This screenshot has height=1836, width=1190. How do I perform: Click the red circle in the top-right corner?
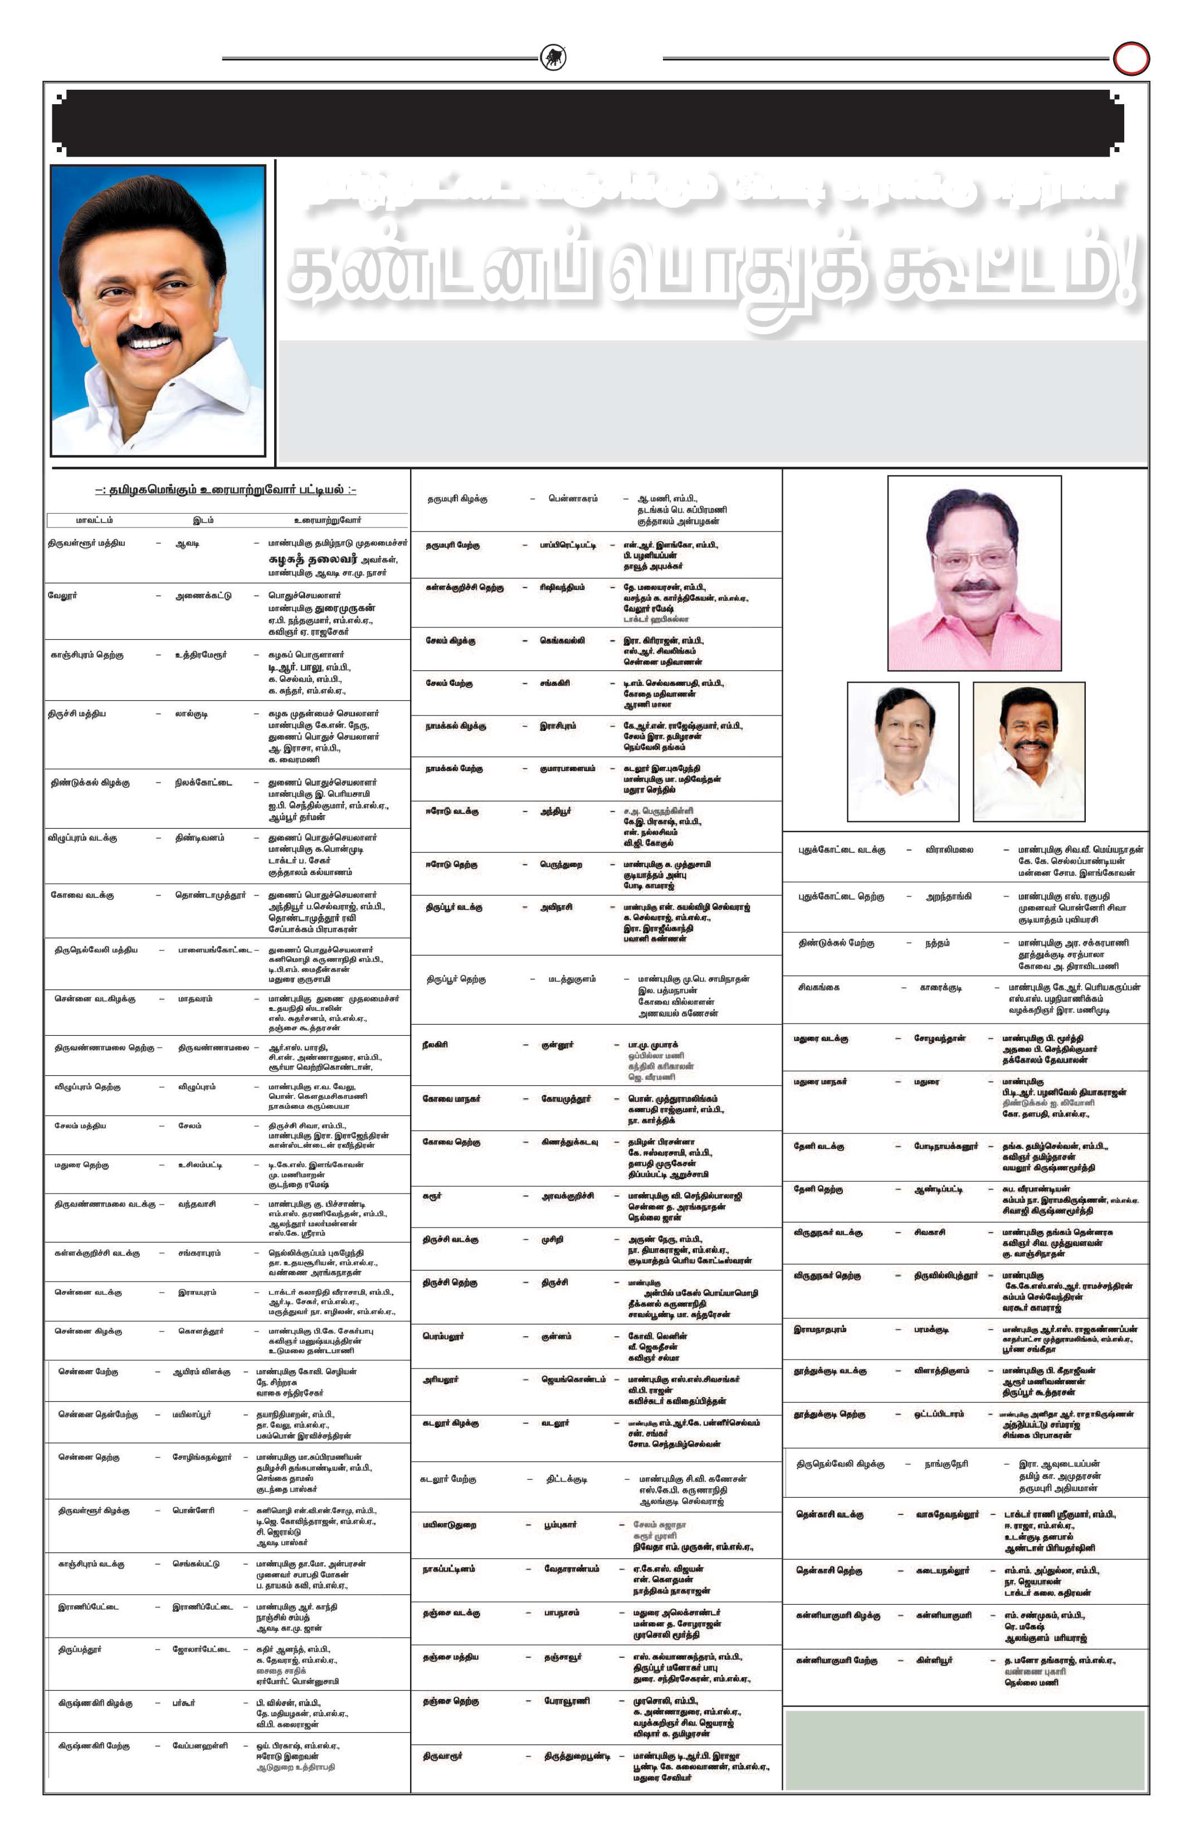1130,59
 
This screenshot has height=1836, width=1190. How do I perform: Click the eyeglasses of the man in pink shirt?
973,556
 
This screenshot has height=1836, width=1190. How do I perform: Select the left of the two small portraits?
903,751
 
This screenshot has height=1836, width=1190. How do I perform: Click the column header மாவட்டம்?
94,520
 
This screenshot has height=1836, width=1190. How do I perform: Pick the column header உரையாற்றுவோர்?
327,520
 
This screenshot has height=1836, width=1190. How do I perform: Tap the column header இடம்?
203,520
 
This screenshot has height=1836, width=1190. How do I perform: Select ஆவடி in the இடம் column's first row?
187,544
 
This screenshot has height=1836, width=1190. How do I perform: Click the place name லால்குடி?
191,714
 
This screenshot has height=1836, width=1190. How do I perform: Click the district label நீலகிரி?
435,1045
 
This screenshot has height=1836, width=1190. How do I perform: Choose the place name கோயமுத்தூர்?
566,1098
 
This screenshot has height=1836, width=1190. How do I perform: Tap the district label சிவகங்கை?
819,987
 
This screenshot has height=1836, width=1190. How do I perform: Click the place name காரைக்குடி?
940,987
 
